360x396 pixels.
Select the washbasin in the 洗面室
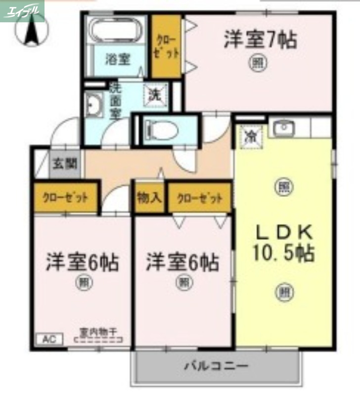pos(93,105)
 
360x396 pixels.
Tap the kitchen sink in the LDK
pos(283,128)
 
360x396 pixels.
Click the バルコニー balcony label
pos(217,367)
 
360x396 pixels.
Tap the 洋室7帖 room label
pos(260,40)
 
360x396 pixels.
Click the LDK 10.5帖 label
pos(283,243)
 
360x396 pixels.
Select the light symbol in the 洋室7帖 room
pos(256,63)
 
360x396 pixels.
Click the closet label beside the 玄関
pos(65,198)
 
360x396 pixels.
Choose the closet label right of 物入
pos(199,198)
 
